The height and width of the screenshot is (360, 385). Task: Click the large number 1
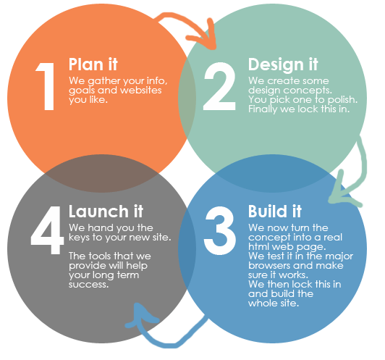(x=46, y=86)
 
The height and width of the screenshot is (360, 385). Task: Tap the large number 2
(x=219, y=86)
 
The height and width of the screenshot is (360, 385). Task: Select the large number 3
(x=220, y=230)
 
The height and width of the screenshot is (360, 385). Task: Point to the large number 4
(x=47, y=230)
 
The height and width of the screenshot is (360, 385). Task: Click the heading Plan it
(x=93, y=64)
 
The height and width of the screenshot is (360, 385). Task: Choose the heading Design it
(x=283, y=65)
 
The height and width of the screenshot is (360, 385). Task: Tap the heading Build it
(x=275, y=211)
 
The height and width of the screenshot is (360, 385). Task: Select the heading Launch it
(x=106, y=211)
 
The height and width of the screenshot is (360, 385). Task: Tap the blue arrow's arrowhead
(x=141, y=317)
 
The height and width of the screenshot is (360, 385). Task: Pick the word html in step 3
(x=258, y=246)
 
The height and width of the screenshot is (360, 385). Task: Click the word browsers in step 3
(x=269, y=265)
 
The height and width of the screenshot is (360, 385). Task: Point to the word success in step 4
(x=88, y=285)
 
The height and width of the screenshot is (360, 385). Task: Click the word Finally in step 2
(x=263, y=109)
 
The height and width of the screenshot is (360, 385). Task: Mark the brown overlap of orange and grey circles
(x=101, y=174)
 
